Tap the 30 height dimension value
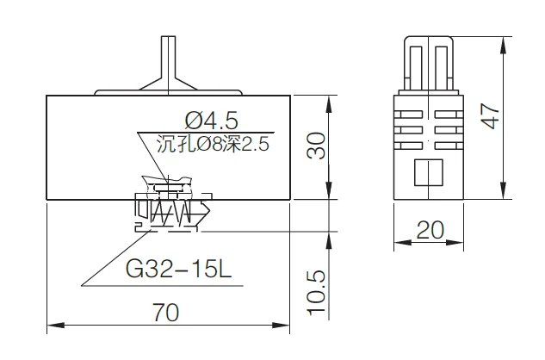click(317, 147)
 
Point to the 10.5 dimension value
click(317, 291)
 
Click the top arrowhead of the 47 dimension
click(502, 40)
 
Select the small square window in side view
click(428, 175)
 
